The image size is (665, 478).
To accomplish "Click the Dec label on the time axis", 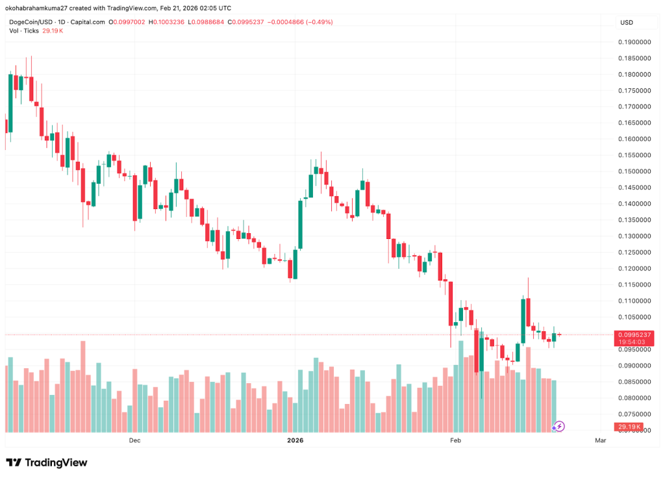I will point(134,440).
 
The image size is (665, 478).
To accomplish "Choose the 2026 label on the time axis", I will point(295,440).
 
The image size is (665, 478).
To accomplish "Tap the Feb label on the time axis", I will point(456,440).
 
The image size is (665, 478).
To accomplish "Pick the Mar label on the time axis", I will point(600,440).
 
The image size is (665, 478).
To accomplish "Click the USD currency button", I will point(627,22).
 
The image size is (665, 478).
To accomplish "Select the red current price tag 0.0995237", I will point(631,334).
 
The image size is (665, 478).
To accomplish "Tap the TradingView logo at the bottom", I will point(47,462).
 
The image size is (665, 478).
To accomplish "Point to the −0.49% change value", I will point(320,22).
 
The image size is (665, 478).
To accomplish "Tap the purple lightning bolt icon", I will point(559,427).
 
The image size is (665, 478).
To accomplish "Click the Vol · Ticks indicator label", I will point(23,31).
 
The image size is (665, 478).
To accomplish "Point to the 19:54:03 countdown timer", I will point(631,342).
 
